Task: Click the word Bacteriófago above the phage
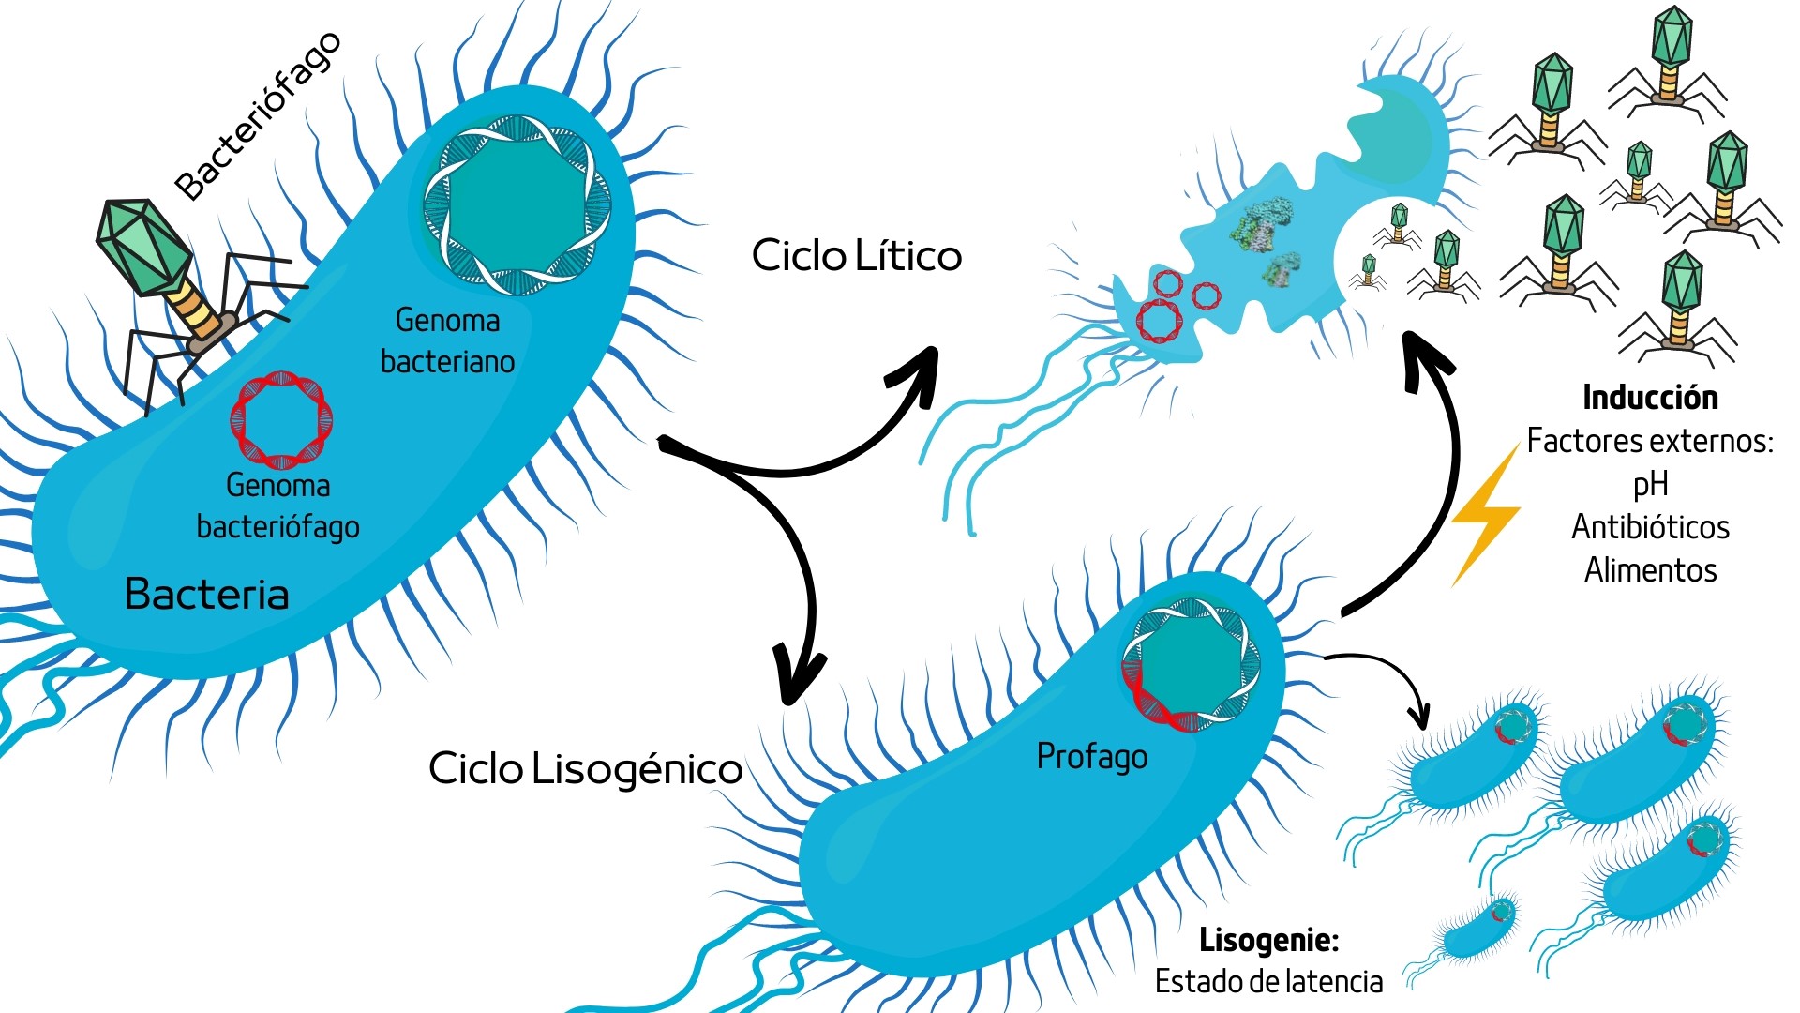258,116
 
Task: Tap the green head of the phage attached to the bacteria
141,246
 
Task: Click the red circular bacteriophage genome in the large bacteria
281,419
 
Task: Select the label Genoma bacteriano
447,340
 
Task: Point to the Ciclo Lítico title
856,256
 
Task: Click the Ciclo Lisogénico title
585,769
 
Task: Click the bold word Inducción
1650,398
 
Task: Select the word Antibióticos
1650,527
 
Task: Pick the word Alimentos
1650,570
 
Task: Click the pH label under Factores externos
1650,484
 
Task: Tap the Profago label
1091,756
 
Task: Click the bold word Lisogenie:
1268,939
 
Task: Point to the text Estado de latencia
1268,981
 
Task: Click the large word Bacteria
206,594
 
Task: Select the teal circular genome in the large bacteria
517,204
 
